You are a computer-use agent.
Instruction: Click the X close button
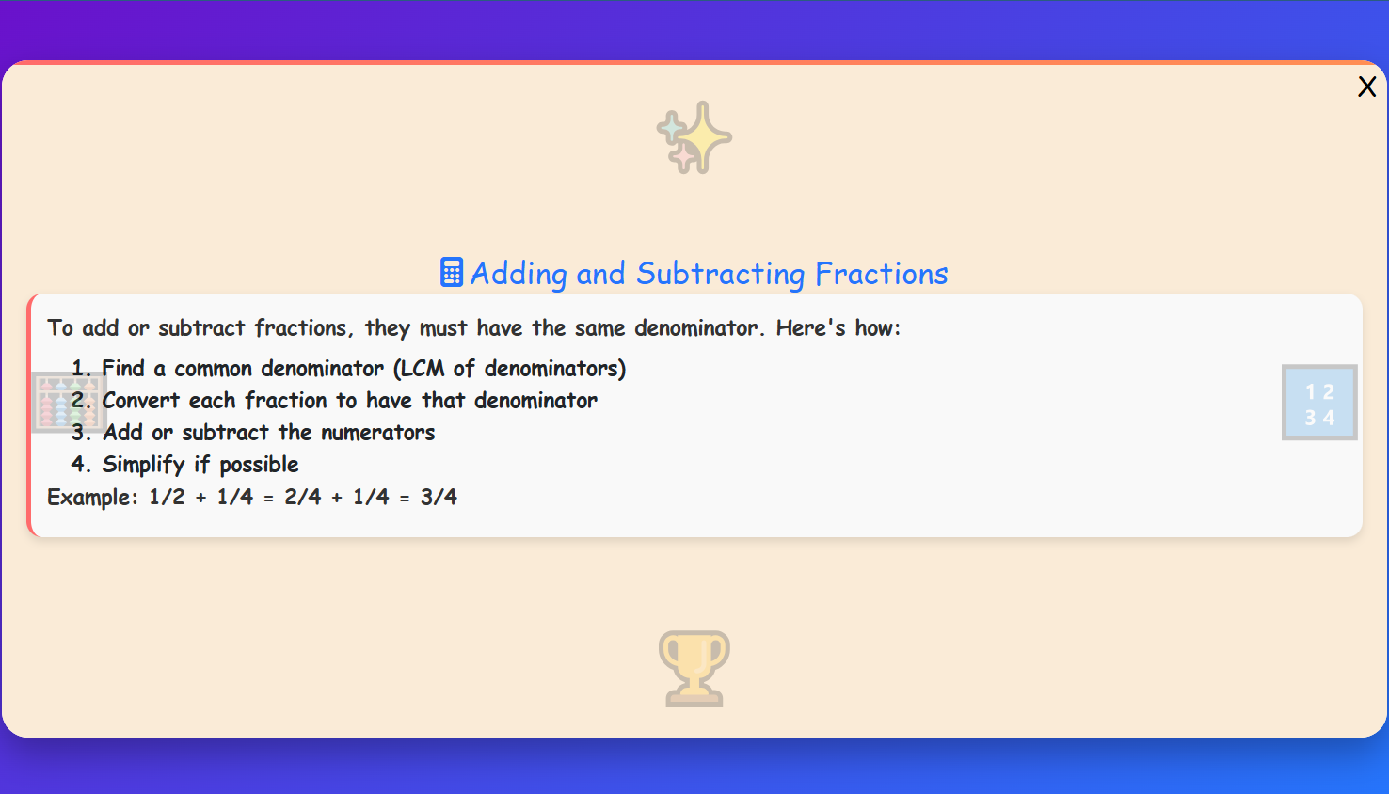click(x=1366, y=87)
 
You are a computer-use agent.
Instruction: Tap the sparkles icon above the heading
click(x=694, y=137)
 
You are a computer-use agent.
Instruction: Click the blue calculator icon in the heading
click(x=452, y=273)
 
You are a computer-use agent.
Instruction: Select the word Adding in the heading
click(x=519, y=274)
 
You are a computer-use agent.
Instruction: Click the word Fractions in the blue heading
click(x=881, y=274)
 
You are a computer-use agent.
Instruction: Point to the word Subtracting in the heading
click(x=720, y=274)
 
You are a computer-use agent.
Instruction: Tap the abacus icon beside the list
click(x=68, y=402)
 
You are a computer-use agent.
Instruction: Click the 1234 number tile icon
click(x=1318, y=403)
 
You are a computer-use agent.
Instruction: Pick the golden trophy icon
click(x=694, y=668)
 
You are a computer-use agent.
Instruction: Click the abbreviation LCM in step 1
click(x=423, y=369)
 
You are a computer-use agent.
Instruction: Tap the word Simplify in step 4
click(x=143, y=465)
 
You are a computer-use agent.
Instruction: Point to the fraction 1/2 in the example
click(x=167, y=497)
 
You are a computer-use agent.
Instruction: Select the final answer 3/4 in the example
click(x=439, y=497)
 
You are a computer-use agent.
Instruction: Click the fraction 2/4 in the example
click(x=303, y=497)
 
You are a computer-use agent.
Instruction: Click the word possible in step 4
click(x=259, y=465)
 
